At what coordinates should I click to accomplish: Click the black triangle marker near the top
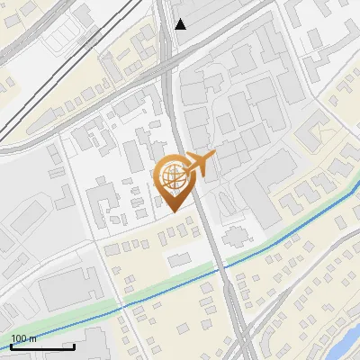pos(180,24)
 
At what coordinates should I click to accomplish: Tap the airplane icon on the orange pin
pos(200,164)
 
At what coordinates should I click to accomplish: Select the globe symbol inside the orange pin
pos(172,175)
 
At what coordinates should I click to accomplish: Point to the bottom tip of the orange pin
pos(173,211)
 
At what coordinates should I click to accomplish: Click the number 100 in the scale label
pos(20,338)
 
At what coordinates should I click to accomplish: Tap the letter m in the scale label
pos(32,338)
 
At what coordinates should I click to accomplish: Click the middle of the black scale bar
pos(42,346)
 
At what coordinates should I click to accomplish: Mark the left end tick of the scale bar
pos(12,346)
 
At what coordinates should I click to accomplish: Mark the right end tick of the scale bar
pos(74,346)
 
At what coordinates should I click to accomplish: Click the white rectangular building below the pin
pos(181,259)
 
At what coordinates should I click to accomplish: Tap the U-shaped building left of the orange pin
pos(101,196)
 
